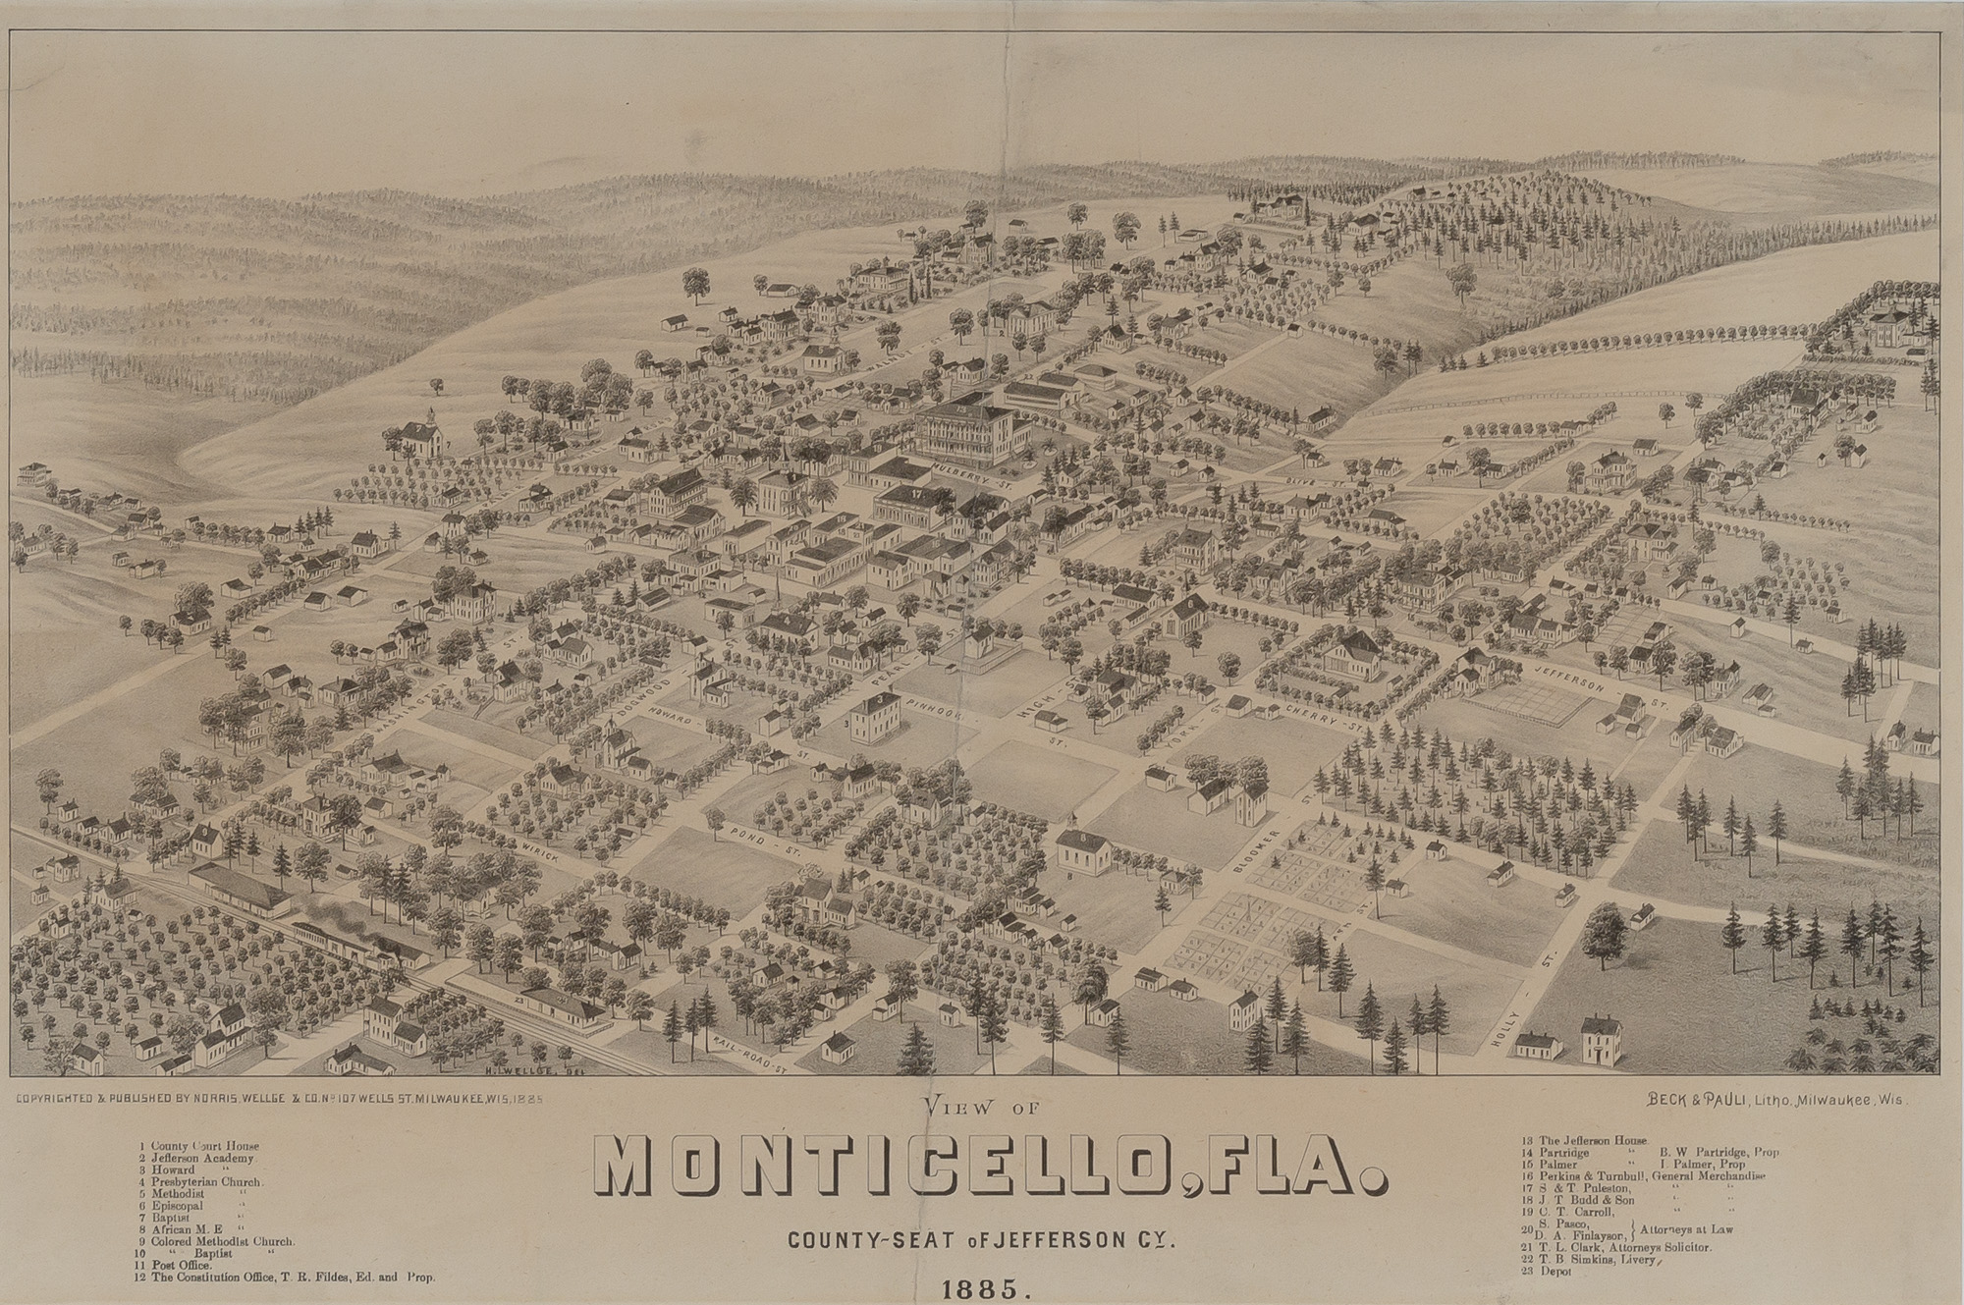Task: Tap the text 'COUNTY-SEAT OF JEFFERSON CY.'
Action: [x=982, y=1238]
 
